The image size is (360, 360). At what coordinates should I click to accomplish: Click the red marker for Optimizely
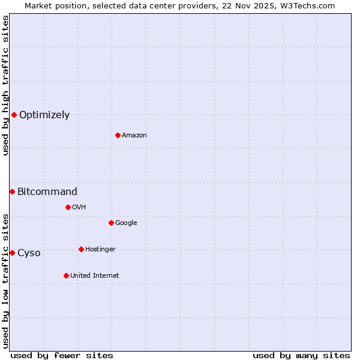pyautogui.click(x=14, y=115)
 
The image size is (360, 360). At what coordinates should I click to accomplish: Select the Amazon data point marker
pyautogui.click(x=118, y=135)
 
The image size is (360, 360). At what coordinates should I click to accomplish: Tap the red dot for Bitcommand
pyautogui.click(x=12, y=191)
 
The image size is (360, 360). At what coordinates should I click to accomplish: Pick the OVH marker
pyautogui.click(x=68, y=207)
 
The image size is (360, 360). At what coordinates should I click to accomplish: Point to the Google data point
pyautogui.click(x=111, y=223)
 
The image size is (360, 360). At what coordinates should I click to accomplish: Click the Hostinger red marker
pyautogui.click(x=81, y=249)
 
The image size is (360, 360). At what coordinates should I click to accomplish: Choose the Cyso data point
pyautogui.click(x=12, y=253)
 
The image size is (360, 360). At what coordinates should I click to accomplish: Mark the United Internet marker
pyautogui.click(x=66, y=275)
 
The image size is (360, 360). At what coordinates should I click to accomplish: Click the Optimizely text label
pyautogui.click(x=44, y=115)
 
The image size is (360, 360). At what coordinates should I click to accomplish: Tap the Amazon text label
pyautogui.click(x=134, y=136)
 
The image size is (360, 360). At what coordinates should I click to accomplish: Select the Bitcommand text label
pyautogui.click(x=47, y=192)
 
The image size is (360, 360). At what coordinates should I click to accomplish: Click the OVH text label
pyautogui.click(x=79, y=208)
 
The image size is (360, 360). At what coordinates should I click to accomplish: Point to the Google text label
pyautogui.click(x=126, y=223)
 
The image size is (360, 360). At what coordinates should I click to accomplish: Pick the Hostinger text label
pyautogui.click(x=100, y=250)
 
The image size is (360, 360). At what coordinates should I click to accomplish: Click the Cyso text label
pyautogui.click(x=29, y=253)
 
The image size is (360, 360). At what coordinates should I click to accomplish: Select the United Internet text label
pyautogui.click(x=95, y=276)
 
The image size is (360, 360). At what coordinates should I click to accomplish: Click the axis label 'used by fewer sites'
pyautogui.click(x=62, y=356)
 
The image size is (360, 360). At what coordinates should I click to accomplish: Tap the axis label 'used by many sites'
pyautogui.click(x=301, y=356)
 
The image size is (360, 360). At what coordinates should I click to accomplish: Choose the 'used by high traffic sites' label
pyautogui.click(x=5, y=85)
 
